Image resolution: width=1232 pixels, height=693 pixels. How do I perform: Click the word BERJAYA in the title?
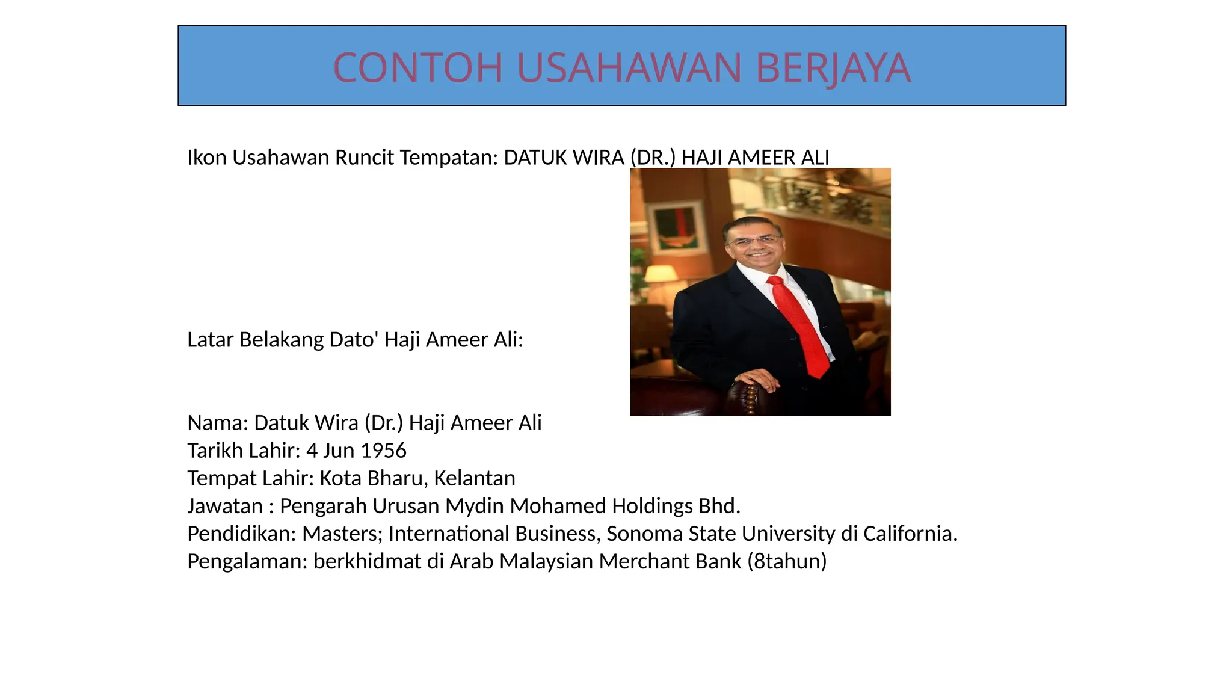pyautogui.click(x=833, y=67)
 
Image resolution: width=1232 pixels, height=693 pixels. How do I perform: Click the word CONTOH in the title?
pyautogui.click(x=417, y=67)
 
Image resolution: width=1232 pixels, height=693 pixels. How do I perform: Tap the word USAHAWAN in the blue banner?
pyautogui.click(x=629, y=67)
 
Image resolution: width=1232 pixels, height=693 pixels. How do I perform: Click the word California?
pyautogui.click(x=910, y=534)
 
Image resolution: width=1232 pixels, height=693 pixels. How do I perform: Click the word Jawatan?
pyautogui.click(x=225, y=506)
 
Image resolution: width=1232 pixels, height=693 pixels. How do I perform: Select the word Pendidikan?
pyautogui.click(x=241, y=534)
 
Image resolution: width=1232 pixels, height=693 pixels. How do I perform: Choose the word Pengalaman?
pyautogui.click(x=247, y=561)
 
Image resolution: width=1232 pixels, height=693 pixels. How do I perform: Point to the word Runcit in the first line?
pyautogui.click(x=365, y=158)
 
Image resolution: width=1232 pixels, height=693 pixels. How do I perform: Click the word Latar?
pyautogui.click(x=211, y=340)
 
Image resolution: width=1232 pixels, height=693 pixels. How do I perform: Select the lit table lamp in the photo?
pyautogui.click(x=661, y=274)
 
